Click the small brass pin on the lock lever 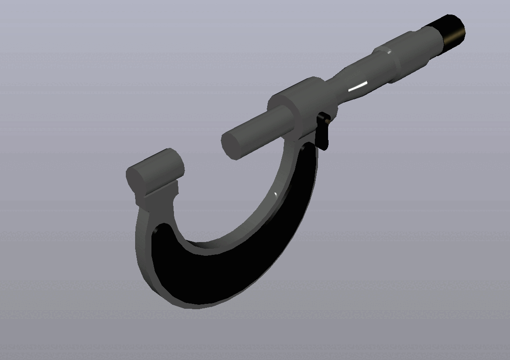coord(325,118)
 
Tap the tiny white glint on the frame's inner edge coord(275,194)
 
